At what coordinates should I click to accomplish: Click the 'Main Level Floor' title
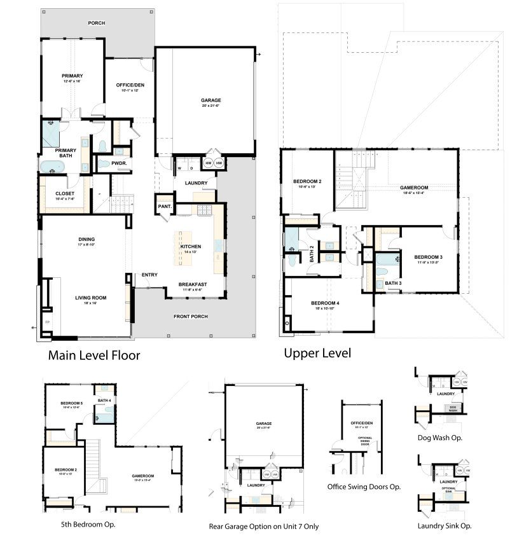(93, 355)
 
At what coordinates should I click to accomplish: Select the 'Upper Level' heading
(317, 353)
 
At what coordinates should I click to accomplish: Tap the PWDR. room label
(119, 163)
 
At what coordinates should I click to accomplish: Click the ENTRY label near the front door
(149, 275)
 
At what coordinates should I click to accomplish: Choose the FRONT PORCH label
(191, 317)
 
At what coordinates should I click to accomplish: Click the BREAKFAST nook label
(191, 284)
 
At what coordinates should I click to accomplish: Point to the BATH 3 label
(393, 283)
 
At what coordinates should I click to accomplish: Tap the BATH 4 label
(104, 400)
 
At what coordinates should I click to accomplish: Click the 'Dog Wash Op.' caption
(439, 438)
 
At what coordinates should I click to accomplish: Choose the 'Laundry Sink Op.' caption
(445, 525)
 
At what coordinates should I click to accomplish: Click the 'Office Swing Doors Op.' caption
(364, 486)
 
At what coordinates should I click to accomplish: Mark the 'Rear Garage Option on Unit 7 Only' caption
(264, 527)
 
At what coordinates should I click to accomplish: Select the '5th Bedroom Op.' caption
(84, 525)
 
